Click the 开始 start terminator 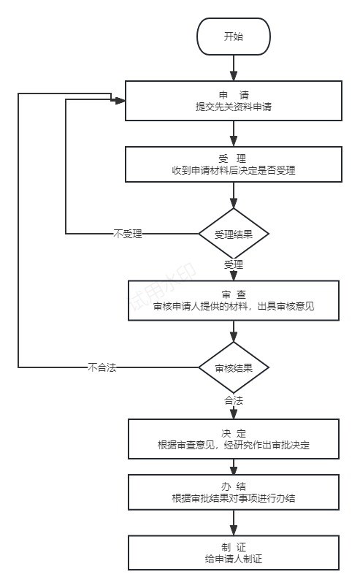click(233, 37)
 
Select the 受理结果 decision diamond click(234, 234)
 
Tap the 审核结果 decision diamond click(234, 367)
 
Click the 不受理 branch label click(128, 234)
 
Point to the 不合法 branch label click(102, 367)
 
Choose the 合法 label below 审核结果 click(234, 400)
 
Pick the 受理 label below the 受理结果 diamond click(234, 264)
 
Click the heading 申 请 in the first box click(234, 95)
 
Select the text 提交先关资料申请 click(234, 107)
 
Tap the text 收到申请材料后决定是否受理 click(234, 170)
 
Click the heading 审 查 click(234, 295)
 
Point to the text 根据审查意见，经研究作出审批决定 click(234, 445)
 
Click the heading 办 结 click(234, 486)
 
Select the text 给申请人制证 click(234, 559)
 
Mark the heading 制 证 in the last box click(234, 547)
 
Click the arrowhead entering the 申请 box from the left click(120, 101)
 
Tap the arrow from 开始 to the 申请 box click(234, 68)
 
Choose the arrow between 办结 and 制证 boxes click(234, 523)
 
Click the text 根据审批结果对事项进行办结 click(234, 498)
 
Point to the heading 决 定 click(234, 433)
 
